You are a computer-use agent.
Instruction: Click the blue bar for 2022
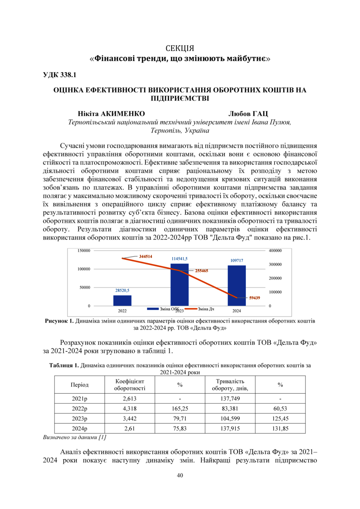tap(122, 300)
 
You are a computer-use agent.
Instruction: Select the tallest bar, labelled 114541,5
tap(179, 285)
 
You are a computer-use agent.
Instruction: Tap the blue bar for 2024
tap(236, 286)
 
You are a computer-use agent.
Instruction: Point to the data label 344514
tap(146, 256)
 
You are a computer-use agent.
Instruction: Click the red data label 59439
tap(255, 298)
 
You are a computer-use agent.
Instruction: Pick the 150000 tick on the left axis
tap(84, 250)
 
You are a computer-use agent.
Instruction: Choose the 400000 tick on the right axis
tap(276, 250)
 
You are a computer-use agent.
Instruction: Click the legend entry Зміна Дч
tap(205, 309)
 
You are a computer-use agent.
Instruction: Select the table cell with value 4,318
tap(129, 409)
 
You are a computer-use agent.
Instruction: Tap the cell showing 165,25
tap(180, 409)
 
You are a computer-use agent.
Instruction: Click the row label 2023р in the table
tap(80, 419)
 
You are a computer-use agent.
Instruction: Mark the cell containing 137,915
tap(230, 429)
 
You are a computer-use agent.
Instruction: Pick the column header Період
tap(80, 385)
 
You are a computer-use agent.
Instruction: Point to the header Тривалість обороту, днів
tap(230, 385)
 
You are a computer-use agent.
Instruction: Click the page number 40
tap(180, 475)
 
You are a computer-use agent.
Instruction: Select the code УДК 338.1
tap(60, 75)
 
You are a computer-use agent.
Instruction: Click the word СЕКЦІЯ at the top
tap(180, 48)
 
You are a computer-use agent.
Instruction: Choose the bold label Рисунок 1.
tap(59, 321)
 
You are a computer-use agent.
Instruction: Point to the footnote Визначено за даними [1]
tap(75, 437)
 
